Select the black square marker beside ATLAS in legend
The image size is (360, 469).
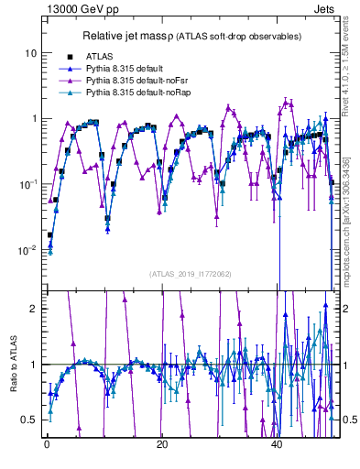(70, 57)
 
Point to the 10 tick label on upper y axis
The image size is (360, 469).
(30, 53)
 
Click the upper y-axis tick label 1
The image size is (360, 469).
(34, 119)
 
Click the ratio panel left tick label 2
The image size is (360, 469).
(34, 308)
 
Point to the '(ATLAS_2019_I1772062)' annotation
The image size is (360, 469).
(191, 274)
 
